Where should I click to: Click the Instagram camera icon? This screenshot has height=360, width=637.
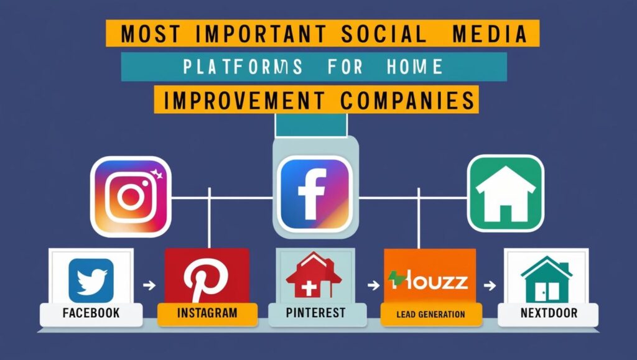click(x=131, y=197)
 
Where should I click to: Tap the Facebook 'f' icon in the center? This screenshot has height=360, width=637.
click(x=314, y=194)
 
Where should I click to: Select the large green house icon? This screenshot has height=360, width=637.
click(x=505, y=193)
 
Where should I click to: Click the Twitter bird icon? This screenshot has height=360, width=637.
click(x=91, y=280)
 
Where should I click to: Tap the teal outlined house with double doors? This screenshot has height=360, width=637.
click(x=546, y=279)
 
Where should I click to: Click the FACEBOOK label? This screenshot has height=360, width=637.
click(x=91, y=313)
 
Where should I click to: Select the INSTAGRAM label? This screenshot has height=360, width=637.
click(x=207, y=313)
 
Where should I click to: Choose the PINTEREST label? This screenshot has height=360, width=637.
click(x=315, y=313)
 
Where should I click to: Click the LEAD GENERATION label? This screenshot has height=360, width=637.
click(x=430, y=314)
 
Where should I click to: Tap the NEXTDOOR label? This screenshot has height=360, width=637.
click(x=549, y=313)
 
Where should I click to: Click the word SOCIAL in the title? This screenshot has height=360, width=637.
click(x=384, y=34)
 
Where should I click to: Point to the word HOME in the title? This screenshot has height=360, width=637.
click(x=414, y=67)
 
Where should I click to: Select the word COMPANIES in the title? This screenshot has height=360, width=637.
click(x=407, y=100)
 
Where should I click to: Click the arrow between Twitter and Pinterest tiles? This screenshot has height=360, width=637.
click(x=149, y=285)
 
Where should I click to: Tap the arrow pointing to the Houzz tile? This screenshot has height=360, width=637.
click(x=373, y=285)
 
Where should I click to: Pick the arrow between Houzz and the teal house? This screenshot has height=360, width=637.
click(x=490, y=285)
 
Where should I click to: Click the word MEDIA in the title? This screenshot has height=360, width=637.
click(x=490, y=34)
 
